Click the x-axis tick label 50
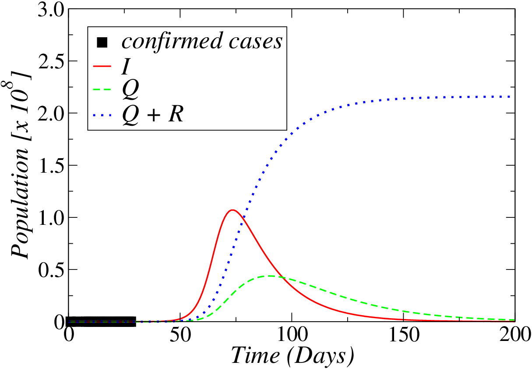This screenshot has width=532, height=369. pos(180,334)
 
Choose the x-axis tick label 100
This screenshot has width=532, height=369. pos(292,334)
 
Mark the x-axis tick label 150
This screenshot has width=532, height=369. pos(404,334)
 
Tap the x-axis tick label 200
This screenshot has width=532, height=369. pos(515,334)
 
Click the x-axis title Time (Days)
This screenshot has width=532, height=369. pos(292,356)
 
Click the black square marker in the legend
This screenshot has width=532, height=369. pos(102,43)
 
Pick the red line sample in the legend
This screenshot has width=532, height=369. pos(102,66)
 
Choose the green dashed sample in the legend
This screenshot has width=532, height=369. pos(102,90)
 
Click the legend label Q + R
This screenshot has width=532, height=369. pos(153,115)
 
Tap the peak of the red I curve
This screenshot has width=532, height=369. pos(233,210)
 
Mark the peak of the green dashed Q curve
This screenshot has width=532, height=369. pos(270,276)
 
